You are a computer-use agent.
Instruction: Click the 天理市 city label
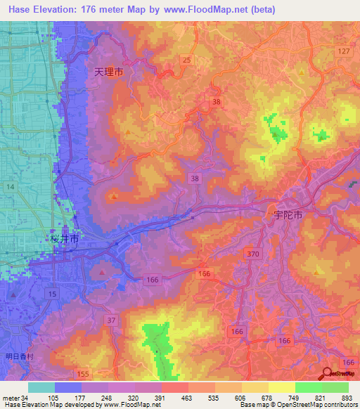(x=109, y=72)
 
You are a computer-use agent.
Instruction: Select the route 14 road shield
(x=11, y=186)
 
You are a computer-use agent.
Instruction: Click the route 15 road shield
(x=52, y=292)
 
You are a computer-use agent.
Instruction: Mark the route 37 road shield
(x=111, y=321)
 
